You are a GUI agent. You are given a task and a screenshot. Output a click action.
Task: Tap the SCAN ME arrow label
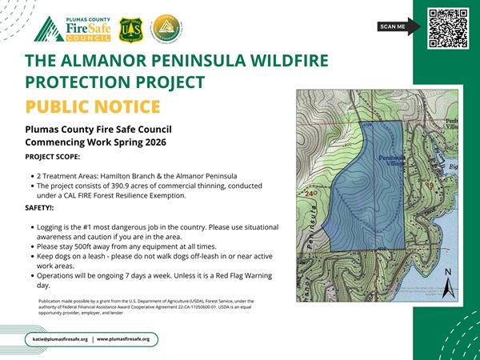(397, 27)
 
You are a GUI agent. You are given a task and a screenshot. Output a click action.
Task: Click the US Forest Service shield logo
(131, 29)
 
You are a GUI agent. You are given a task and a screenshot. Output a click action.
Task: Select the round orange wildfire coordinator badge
(167, 29)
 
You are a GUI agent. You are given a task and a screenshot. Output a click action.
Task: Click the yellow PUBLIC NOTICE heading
(93, 107)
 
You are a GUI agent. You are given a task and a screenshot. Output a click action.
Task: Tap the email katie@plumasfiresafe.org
(60, 339)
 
